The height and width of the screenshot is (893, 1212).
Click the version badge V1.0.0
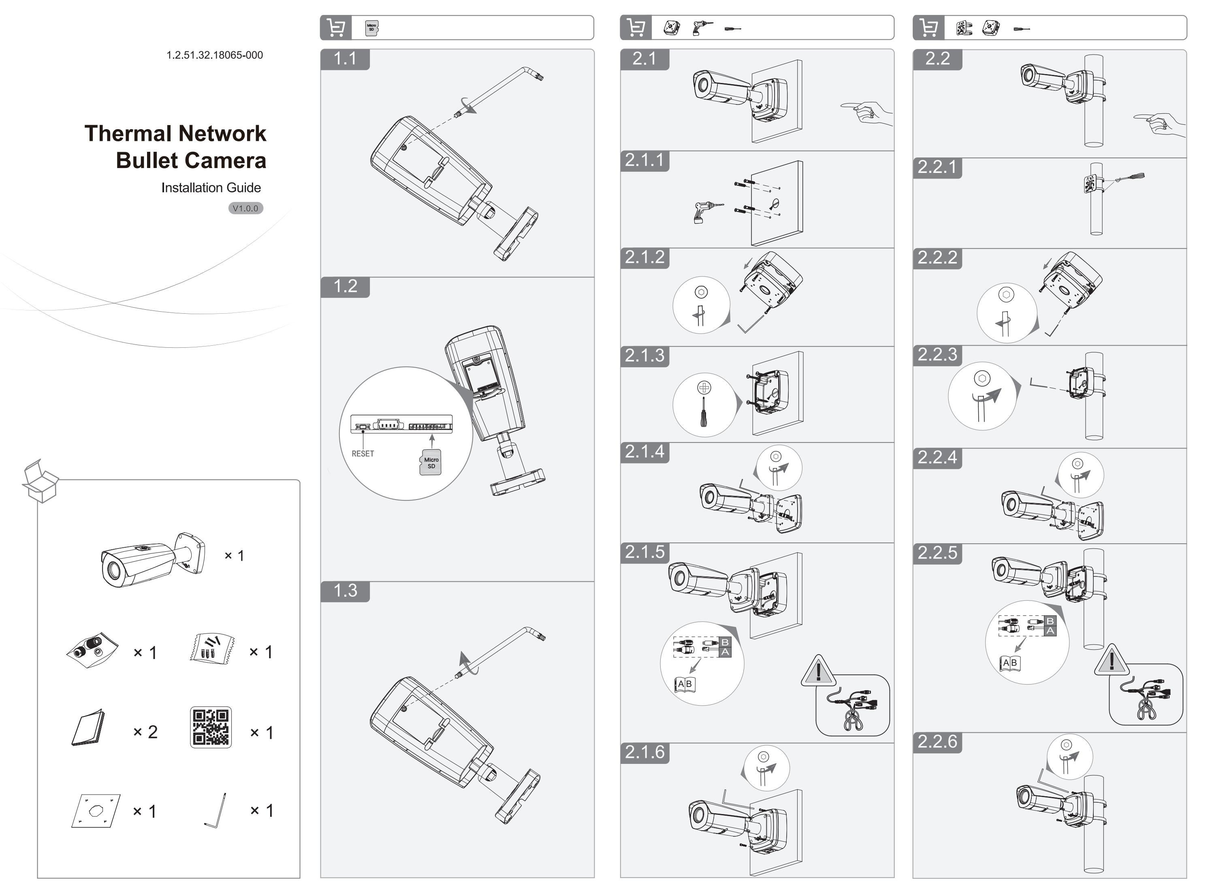coord(245,208)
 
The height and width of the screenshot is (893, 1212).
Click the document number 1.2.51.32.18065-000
coord(214,55)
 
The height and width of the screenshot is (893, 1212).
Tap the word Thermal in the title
coord(127,134)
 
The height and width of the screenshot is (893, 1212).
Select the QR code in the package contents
coord(211,727)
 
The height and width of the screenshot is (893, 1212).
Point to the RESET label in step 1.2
coord(363,453)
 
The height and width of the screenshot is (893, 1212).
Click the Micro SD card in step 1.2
coord(431,463)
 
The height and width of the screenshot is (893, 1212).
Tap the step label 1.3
coord(345,590)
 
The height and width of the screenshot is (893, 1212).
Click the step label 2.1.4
coord(644,451)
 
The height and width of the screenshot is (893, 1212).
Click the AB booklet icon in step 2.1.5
coord(685,684)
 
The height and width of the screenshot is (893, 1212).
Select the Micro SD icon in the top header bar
coord(371,28)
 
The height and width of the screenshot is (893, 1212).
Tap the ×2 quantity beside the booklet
coord(145,732)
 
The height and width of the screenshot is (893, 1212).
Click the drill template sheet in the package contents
coord(96,810)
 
